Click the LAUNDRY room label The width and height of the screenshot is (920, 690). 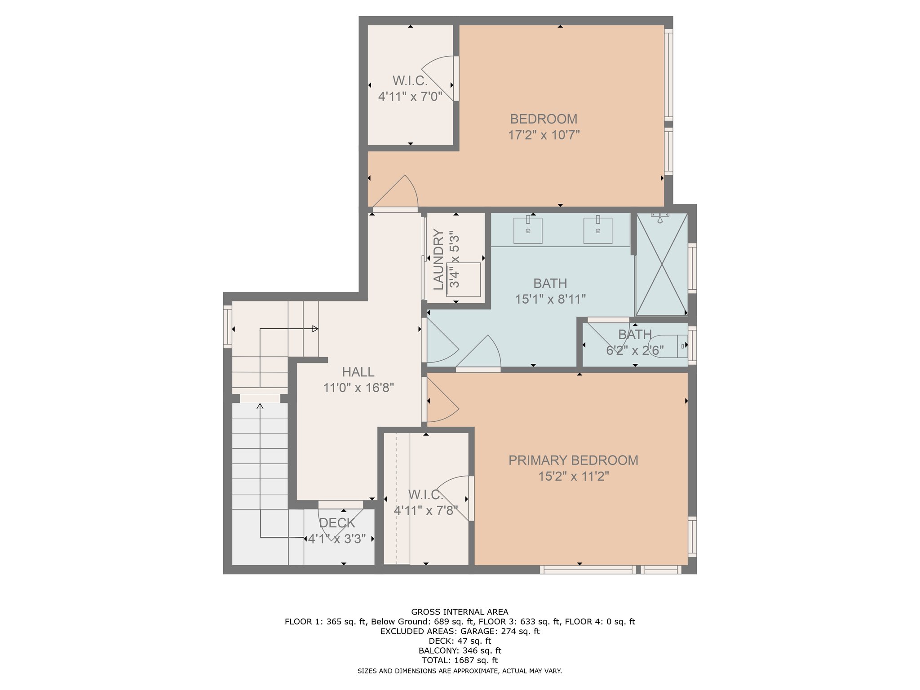[438, 259]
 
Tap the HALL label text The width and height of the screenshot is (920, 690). [358, 372]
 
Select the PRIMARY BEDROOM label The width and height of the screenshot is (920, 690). [573, 460]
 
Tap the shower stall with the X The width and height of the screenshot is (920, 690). [662, 265]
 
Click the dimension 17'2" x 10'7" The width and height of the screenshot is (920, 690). [544, 135]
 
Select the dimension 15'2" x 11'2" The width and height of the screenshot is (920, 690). [574, 476]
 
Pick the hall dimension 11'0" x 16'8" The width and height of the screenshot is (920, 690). [358, 388]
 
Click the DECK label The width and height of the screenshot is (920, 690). [337, 523]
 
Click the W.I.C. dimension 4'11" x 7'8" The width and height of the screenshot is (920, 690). [426, 511]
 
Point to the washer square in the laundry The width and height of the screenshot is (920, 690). [464, 279]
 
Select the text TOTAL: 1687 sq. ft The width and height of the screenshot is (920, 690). [460, 660]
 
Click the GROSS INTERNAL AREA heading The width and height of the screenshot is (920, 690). [460, 612]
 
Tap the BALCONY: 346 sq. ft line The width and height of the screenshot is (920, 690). [460, 650]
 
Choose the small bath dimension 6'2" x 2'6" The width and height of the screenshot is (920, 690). [635, 350]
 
